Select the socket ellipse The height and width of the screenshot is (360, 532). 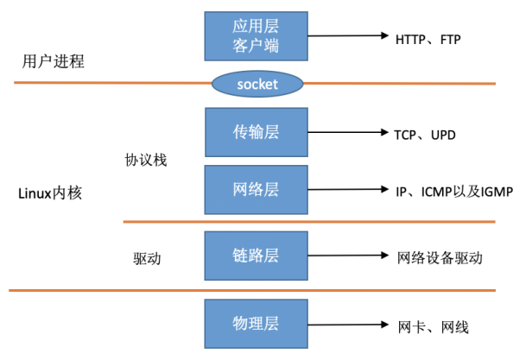[257, 84]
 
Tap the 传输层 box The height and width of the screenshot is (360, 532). [257, 132]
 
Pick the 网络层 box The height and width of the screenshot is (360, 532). [257, 189]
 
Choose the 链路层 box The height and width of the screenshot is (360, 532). [257, 256]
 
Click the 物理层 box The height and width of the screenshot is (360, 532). [257, 324]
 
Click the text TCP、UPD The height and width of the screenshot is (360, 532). [425, 136]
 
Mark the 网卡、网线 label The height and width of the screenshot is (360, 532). [434, 327]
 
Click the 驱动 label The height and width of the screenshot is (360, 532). [148, 258]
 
